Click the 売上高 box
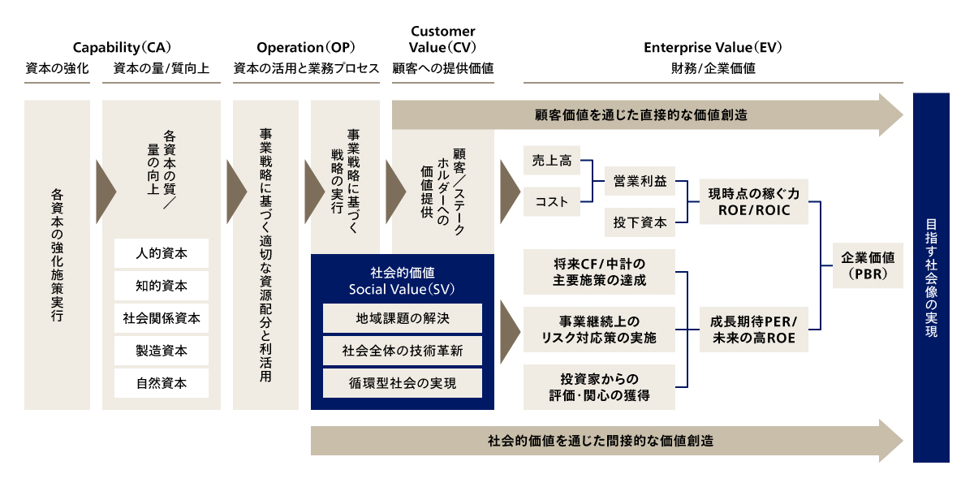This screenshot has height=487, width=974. click(552, 161)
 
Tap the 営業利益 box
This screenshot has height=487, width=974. click(640, 182)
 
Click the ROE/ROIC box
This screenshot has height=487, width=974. click(754, 202)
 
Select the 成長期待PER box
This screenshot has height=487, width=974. click(754, 329)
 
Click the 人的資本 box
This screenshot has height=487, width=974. click(162, 253)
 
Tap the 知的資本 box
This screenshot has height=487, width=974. click(162, 286)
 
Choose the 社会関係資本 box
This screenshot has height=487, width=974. click(162, 318)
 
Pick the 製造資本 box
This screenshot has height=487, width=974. click(162, 351)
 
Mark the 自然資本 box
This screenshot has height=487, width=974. click(162, 383)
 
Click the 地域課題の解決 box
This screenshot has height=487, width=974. click(403, 318)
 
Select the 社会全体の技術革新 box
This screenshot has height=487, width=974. click(403, 351)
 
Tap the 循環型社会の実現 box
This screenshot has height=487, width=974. click(403, 383)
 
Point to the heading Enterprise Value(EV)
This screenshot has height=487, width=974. click(713, 47)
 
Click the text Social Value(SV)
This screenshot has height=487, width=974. click(403, 289)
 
